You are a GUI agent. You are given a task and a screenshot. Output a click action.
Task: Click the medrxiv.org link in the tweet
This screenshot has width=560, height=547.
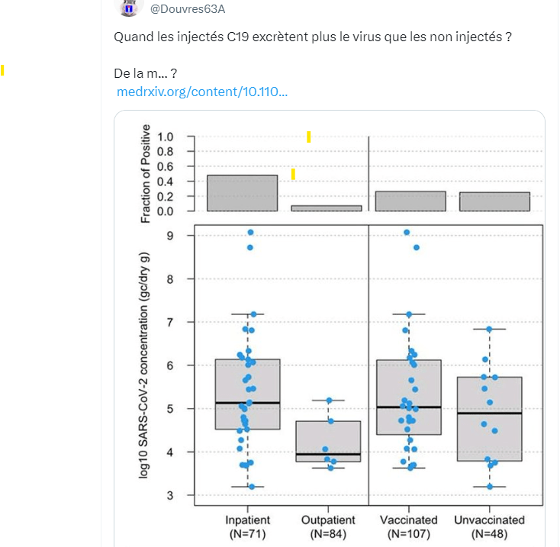[x=202, y=92]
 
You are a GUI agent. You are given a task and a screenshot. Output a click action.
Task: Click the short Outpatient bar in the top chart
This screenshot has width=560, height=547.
[x=327, y=208]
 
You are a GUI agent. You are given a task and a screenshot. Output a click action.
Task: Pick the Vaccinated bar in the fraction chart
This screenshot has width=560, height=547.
[x=410, y=201]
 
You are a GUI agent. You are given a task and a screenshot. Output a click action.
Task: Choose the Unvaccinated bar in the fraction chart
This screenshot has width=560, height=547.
[x=494, y=201]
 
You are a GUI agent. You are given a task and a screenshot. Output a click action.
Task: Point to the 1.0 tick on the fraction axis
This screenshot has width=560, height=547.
[x=166, y=137]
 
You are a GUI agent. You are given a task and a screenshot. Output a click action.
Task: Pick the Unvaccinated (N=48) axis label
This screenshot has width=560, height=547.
[x=489, y=527]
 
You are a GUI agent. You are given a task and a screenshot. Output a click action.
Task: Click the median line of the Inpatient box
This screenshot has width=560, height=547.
[x=247, y=402]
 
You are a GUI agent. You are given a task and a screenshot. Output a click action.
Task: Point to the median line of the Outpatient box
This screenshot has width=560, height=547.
[x=328, y=454]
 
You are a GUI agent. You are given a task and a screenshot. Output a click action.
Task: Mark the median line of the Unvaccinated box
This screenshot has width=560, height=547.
[x=489, y=413]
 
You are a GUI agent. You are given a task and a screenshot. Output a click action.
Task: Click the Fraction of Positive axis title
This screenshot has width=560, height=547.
[x=145, y=174]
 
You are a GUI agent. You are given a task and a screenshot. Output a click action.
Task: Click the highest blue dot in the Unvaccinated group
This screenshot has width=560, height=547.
[x=489, y=329]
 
